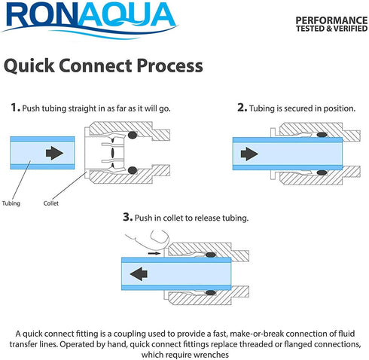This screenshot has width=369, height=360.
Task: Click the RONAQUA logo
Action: pyautogui.click(x=90, y=19)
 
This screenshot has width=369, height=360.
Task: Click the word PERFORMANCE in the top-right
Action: pyautogui.click(x=331, y=20)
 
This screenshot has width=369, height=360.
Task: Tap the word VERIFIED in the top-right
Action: pyautogui.click(x=350, y=29)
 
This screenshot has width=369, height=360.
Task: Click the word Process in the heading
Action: pyautogui.click(x=169, y=66)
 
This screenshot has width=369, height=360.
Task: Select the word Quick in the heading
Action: pyautogui.click(x=29, y=66)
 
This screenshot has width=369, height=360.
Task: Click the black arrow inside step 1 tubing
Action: pyautogui.click(x=54, y=153)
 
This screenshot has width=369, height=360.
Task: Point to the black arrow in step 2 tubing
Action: pyautogui.click(x=249, y=154)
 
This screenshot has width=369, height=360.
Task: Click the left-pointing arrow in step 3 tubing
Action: pyautogui.click(x=139, y=273)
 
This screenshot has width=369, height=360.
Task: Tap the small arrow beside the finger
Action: pyautogui.click(x=154, y=253)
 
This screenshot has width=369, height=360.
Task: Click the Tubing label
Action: pyautogui.click(x=11, y=203)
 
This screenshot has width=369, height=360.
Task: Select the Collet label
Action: pyautogui.click(x=51, y=203)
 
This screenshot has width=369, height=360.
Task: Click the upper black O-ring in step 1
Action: pyautogui.click(x=133, y=135)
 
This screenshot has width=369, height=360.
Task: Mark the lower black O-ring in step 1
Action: pyautogui.click(x=133, y=170)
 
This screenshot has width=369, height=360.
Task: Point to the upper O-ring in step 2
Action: pyautogui.click(x=322, y=135)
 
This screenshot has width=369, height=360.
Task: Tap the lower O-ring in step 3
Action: pyautogui.click(x=211, y=293)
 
